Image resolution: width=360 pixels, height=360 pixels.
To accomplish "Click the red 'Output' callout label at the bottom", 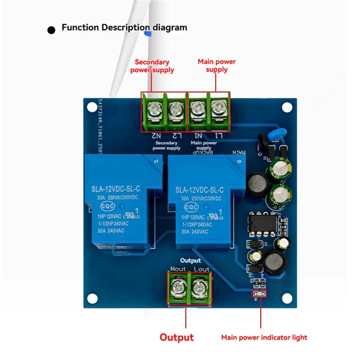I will point(177,337).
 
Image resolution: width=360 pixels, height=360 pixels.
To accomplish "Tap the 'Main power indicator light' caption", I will point(264,337).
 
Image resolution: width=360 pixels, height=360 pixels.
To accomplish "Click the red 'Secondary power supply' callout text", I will point(152,66).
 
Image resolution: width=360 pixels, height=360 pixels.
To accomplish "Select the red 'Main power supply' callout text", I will point(217,65).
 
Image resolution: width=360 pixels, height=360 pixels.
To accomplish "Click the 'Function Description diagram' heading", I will point(124,27).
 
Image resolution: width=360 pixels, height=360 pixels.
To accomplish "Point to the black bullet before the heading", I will point(52,30).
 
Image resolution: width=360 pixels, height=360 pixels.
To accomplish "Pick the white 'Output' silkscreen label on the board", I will point(190,261).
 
